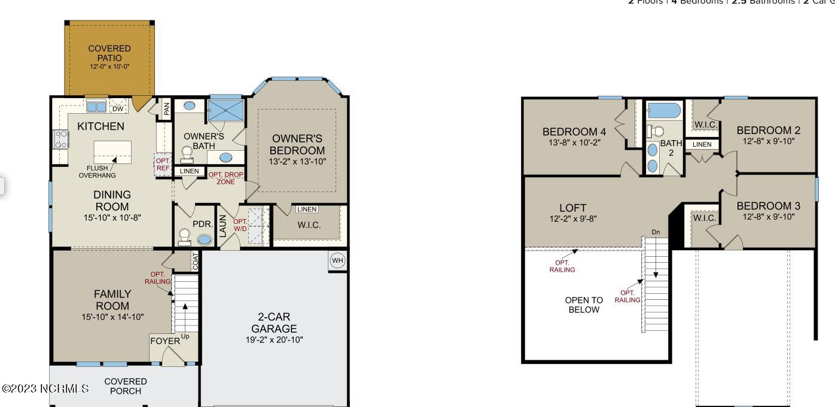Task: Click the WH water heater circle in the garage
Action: coord(337,261)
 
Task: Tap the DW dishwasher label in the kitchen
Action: coord(118,108)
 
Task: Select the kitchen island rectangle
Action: coord(112,152)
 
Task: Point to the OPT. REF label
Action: coord(163,165)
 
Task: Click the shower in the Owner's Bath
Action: coord(225,110)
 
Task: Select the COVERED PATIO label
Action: coord(109,53)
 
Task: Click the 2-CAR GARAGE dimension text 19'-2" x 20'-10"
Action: coord(274,340)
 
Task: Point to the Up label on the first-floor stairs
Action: coord(185,336)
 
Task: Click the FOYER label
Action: coord(164,341)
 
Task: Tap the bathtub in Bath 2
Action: coord(665,110)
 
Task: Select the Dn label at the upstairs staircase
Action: coord(656,232)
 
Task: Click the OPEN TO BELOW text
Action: coord(584,305)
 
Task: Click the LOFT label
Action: coord(572,208)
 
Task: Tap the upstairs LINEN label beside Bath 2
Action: coord(702,144)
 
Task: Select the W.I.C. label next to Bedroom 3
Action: coord(704,218)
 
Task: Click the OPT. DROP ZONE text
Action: coord(225,178)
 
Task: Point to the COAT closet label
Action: coord(195,260)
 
